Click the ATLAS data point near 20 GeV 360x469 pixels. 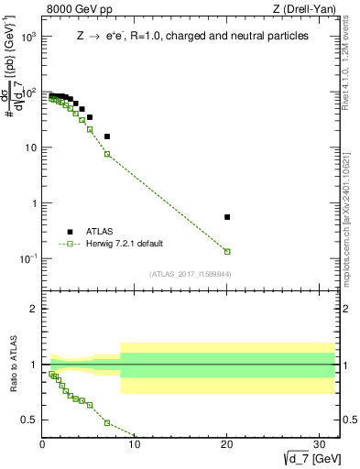tap(227, 217)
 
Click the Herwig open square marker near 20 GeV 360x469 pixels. tap(227, 251)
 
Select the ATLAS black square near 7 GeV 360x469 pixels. tap(107, 136)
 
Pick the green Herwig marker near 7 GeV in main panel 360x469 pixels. tap(107, 154)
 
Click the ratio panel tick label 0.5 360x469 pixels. tap(29, 420)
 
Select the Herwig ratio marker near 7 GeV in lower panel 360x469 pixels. tap(107, 423)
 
